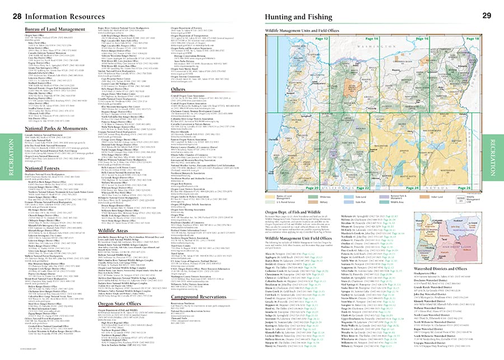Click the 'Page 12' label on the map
pos(321,39)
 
